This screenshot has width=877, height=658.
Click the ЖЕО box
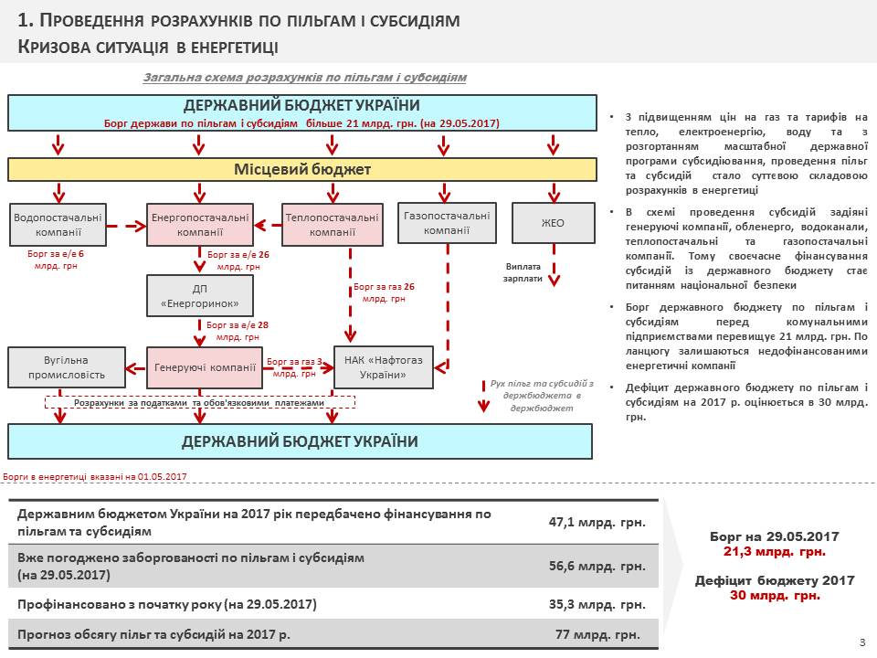(x=553, y=223)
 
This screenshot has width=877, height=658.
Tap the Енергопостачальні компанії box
(x=199, y=224)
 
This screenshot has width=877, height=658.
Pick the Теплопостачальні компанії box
(x=332, y=224)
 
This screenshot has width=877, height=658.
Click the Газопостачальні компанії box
(x=447, y=222)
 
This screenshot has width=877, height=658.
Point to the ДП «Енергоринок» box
(x=199, y=295)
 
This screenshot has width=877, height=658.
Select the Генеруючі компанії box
(x=205, y=367)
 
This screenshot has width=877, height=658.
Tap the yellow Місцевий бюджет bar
(x=302, y=170)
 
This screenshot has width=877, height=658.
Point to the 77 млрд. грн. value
(x=597, y=634)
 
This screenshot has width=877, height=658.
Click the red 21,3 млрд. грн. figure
(x=774, y=552)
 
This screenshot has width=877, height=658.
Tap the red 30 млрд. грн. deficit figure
(x=774, y=596)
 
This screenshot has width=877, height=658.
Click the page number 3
(x=862, y=642)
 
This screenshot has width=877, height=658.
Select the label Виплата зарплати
(x=523, y=272)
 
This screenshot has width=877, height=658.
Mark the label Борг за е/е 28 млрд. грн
(x=238, y=331)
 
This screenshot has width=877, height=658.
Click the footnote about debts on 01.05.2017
(x=95, y=476)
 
